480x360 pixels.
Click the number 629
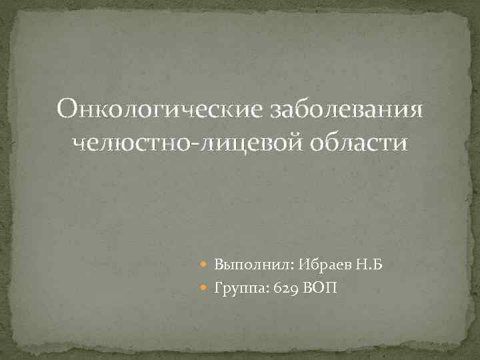click(286, 287)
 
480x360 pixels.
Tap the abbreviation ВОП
click(320, 287)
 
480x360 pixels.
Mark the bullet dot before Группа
click(205, 287)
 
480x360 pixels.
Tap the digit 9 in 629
click(293, 288)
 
